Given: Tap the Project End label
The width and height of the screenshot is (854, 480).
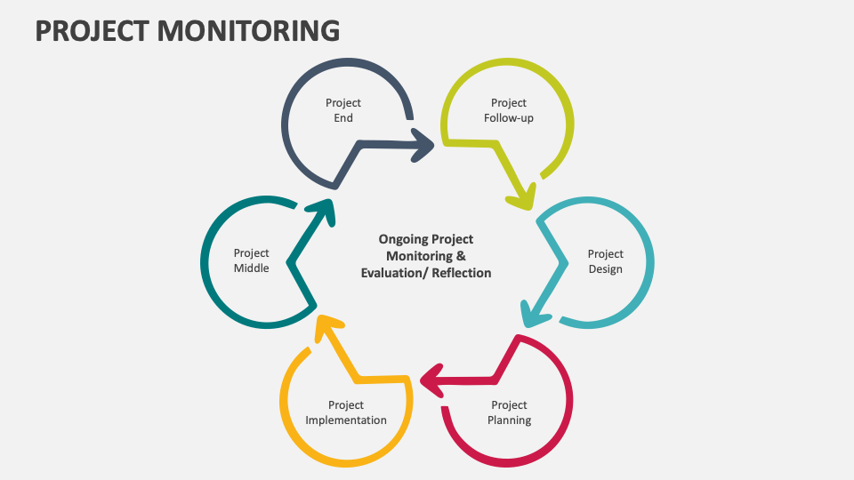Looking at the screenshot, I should pyautogui.click(x=343, y=110).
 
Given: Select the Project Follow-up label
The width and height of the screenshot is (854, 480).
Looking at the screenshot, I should pyautogui.click(x=509, y=110).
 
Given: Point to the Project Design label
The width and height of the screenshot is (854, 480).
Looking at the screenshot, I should pyautogui.click(x=605, y=261).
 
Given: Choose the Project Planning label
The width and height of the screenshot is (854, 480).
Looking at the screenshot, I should pyautogui.click(x=509, y=412).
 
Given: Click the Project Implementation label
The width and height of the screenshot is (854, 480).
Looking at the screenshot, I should pyautogui.click(x=346, y=412).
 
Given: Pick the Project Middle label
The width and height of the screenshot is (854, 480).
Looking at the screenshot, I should pyautogui.click(x=251, y=261).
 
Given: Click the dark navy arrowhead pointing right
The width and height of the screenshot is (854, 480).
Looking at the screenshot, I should pyautogui.click(x=423, y=143).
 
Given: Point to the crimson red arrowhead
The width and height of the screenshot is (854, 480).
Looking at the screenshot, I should pyautogui.click(x=431, y=380).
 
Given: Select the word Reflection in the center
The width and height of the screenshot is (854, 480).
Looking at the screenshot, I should pyautogui.click(x=462, y=273).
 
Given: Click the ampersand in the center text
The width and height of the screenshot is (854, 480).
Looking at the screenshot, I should pyautogui.click(x=461, y=256).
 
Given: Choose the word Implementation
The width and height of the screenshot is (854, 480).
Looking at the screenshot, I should pyautogui.click(x=346, y=420).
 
